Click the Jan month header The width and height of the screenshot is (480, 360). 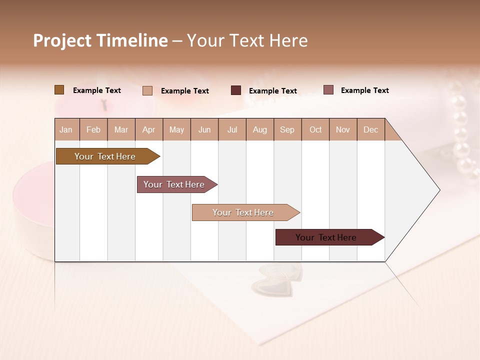66,129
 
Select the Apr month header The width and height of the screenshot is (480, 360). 148,129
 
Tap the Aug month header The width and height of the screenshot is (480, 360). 259,129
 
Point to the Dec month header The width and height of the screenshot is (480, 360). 370,129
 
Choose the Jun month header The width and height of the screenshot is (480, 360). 204,129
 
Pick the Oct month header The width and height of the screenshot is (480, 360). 315,129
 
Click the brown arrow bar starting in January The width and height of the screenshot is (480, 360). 105,156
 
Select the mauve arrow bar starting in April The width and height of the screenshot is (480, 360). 174,184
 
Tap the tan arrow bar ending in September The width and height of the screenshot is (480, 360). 243,212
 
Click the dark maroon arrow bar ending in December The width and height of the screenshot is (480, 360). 326,237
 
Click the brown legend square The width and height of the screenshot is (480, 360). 59,90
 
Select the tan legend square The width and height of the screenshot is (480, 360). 147,90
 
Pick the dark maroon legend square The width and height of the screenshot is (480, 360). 235,90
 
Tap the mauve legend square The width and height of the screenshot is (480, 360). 328,90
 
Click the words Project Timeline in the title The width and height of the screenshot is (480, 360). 100,40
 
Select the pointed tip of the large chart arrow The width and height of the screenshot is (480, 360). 438,190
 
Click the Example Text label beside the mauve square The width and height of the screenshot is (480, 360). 364,90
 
